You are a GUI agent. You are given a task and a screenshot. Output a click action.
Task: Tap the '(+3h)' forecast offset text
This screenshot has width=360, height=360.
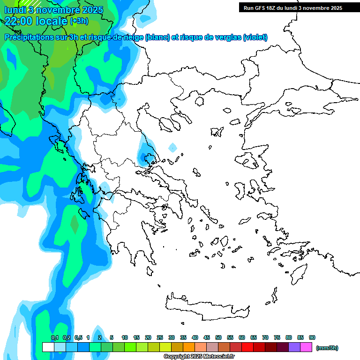coord(78,21)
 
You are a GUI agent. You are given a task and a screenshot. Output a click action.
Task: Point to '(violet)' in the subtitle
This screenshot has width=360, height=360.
coord(255,37)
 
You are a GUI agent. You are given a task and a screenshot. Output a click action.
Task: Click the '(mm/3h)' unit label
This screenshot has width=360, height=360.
coord(327,348)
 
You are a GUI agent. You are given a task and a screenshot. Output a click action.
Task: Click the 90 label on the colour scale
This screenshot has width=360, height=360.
coord(312,337)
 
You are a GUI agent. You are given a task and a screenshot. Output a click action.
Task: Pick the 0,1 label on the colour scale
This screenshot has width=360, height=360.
coord(55,337)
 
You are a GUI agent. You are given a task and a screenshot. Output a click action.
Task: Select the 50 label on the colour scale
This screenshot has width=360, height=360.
coord(218,337)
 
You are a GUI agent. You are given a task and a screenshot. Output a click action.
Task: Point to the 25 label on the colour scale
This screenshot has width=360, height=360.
coord(160,337)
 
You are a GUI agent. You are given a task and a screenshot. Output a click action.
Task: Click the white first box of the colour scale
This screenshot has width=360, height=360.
coord(48,347)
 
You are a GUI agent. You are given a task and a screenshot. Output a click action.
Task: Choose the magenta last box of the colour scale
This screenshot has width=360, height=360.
coord(307,347)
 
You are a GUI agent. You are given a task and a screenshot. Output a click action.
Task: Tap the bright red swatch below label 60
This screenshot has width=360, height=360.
coord(247,347)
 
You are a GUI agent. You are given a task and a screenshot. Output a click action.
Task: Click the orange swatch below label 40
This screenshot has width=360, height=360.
coord(189,347)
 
